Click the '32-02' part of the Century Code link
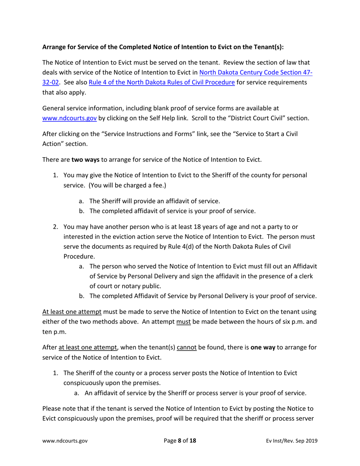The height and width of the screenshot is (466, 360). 50,83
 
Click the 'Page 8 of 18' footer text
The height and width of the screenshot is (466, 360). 180,441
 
